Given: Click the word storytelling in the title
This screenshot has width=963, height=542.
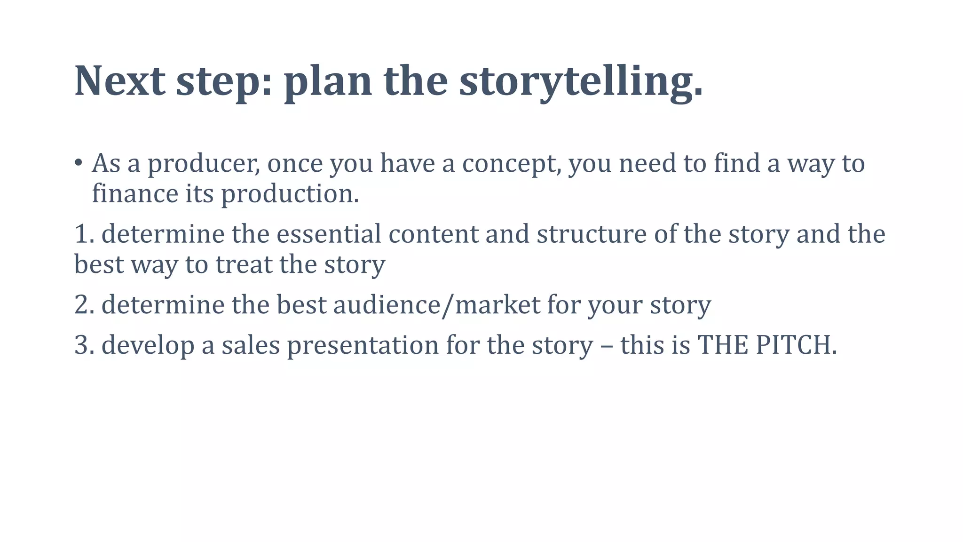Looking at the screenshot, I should (581, 81).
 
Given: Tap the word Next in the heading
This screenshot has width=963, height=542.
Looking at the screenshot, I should (120, 81).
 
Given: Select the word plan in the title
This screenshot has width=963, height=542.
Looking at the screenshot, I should (328, 81).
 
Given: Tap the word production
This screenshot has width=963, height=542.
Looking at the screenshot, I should (290, 193).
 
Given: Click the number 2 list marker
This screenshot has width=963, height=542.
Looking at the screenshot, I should (84, 304).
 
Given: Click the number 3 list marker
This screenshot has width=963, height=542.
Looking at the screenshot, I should (84, 345).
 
